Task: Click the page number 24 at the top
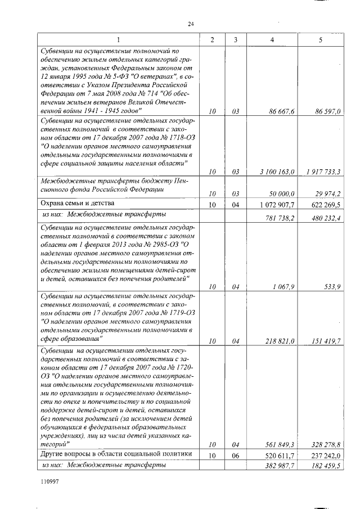click(x=190, y=24)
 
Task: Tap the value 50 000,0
click(x=283, y=193)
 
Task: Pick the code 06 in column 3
click(x=236, y=454)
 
